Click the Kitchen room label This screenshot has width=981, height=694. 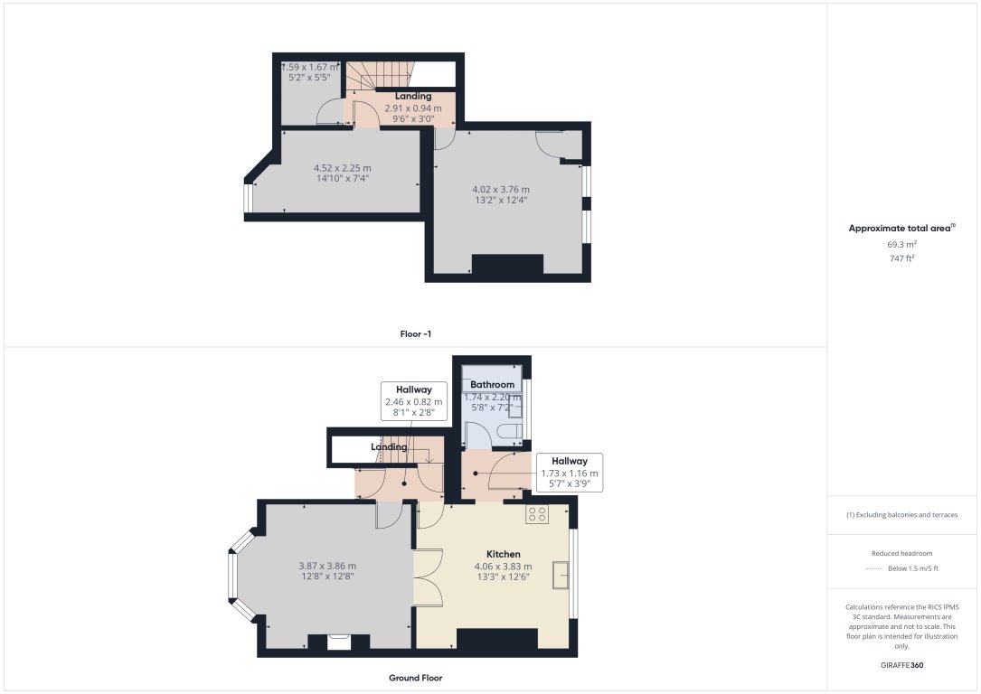[x=504, y=554]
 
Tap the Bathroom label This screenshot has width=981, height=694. [x=492, y=385]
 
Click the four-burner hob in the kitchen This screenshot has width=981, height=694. [x=537, y=514]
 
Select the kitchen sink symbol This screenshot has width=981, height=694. [x=561, y=575]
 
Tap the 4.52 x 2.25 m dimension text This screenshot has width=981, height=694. [x=343, y=167]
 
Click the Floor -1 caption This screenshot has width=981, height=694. [x=416, y=334]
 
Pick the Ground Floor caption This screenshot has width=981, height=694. [x=416, y=678]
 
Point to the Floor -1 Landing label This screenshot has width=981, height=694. [x=413, y=96]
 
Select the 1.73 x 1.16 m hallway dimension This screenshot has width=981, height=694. [x=569, y=474]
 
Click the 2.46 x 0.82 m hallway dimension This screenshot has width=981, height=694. [x=413, y=402]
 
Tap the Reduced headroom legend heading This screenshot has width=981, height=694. [x=902, y=553]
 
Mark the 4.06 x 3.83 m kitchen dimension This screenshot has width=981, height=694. [x=504, y=567]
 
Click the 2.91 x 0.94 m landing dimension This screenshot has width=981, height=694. [x=413, y=108]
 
